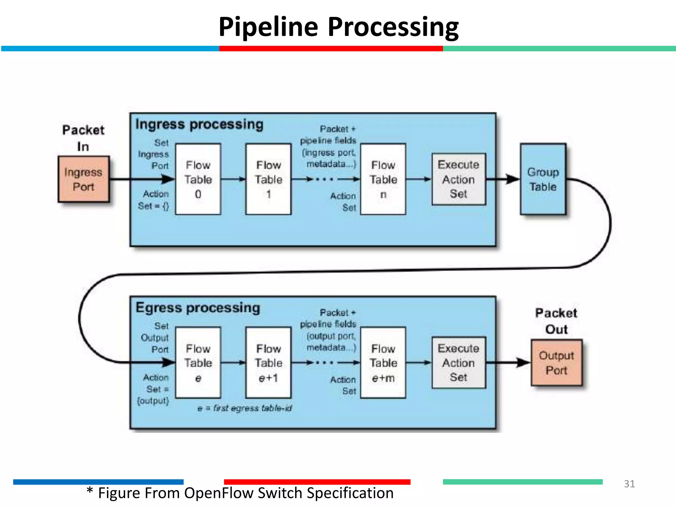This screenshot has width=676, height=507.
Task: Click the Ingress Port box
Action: [x=84, y=179]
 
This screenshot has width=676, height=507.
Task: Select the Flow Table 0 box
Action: [x=198, y=179]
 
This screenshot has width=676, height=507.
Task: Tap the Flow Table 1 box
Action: [x=268, y=179]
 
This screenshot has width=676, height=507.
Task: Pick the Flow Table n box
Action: [x=383, y=179]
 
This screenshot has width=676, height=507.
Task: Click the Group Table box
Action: [x=543, y=179]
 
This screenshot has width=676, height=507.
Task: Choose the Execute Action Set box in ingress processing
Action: [x=458, y=179]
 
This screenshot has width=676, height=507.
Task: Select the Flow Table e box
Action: [x=198, y=363]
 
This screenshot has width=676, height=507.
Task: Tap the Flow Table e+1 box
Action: [x=268, y=363]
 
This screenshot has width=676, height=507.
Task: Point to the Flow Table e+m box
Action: [x=383, y=363]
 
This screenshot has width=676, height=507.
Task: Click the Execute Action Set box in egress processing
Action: [x=458, y=363]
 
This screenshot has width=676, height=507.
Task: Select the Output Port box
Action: [x=557, y=363]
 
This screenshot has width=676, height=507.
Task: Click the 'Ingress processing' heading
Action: [x=199, y=125]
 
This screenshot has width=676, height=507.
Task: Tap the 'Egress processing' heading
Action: [x=198, y=308]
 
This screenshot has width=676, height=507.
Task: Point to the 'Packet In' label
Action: [x=83, y=138]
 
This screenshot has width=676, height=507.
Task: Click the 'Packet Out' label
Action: [x=556, y=321]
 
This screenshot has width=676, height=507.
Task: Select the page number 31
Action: [x=629, y=484]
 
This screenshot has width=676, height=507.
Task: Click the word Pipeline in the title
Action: [x=268, y=27]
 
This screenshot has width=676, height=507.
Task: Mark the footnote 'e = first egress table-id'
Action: [x=245, y=408]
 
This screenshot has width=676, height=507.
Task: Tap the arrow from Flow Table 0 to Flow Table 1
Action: [x=233, y=179]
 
